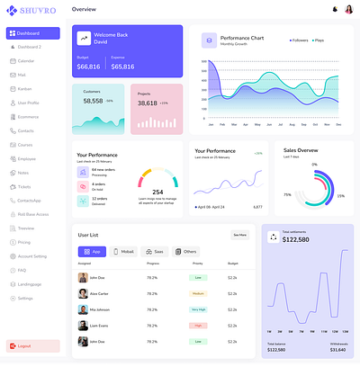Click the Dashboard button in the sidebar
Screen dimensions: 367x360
(31, 33)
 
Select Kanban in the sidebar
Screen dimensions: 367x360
(24, 89)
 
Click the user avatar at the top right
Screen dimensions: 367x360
(347, 9)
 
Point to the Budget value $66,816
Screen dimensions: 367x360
(89, 67)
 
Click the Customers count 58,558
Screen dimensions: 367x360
(93, 102)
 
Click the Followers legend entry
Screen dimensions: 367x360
(299, 40)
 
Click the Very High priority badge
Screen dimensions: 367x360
(198, 309)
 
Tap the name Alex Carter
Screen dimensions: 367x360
(99, 293)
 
